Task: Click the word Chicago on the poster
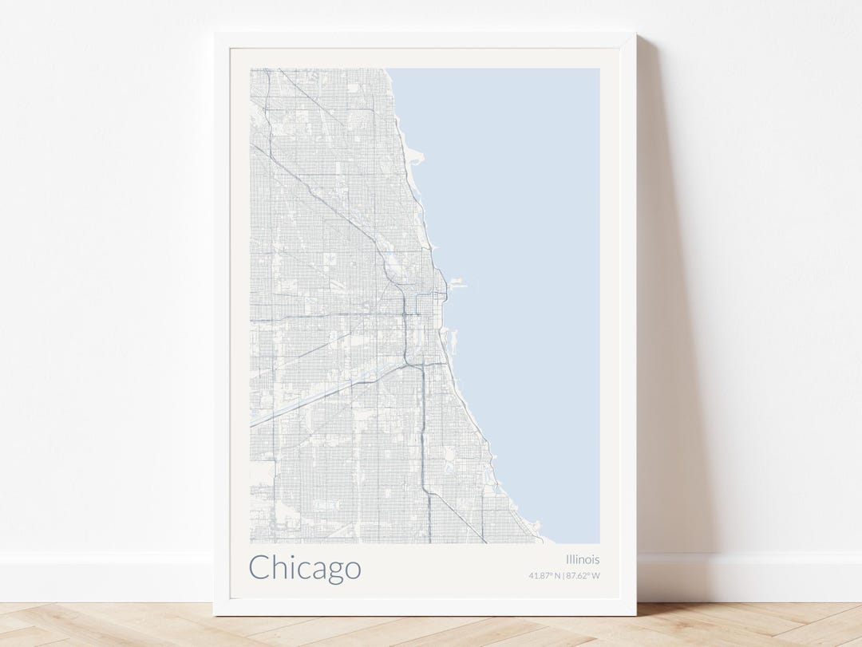pos(305,569)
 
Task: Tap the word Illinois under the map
pos(583,559)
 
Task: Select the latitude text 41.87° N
pos(544,575)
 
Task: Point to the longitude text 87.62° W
pos(583,575)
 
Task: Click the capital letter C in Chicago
pos(259,568)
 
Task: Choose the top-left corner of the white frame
pos(215,35)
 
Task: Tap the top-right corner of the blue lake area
pos(598,69)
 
